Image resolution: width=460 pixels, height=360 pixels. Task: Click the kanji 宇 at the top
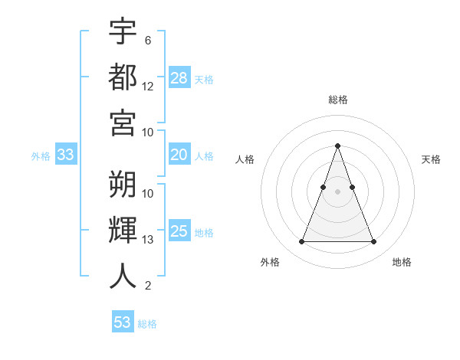point(123,31)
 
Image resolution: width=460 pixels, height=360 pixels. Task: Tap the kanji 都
point(123,77)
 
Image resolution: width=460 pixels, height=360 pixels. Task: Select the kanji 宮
point(123,123)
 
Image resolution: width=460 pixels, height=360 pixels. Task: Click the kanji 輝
point(123,231)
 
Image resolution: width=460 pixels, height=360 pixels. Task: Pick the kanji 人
point(123,277)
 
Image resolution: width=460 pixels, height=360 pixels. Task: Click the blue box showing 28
point(179,77)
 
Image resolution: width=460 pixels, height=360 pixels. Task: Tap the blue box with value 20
point(179,155)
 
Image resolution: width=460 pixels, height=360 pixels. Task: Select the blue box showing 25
point(179,231)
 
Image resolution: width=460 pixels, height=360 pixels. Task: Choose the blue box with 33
point(66,155)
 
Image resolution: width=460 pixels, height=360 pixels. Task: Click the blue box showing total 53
point(123,322)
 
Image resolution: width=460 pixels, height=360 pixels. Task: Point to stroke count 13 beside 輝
point(148,240)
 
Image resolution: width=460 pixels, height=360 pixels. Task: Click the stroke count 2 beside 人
point(148,286)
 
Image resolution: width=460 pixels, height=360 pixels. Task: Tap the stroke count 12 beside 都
point(148,87)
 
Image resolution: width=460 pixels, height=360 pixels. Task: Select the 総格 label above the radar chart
point(337,100)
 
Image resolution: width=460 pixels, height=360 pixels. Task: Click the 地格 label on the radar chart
point(402,262)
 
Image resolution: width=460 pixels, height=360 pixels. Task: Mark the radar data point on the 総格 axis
point(337,146)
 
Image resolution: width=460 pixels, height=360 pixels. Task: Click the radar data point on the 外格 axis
point(301,242)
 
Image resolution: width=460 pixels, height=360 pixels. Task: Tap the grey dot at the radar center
point(337,180)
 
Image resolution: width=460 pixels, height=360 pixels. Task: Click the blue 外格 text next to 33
point(41,155)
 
